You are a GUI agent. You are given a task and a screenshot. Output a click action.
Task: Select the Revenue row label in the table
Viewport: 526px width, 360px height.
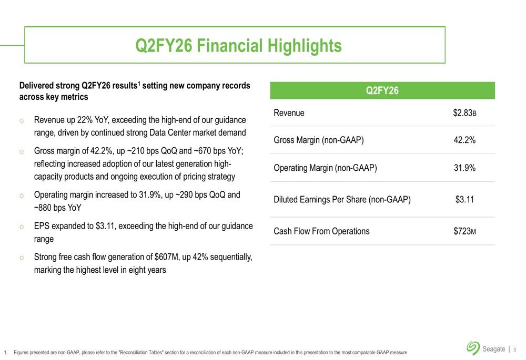[x=289, y=113]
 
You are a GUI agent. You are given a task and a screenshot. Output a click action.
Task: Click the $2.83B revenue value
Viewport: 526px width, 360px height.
[x=464, y=113]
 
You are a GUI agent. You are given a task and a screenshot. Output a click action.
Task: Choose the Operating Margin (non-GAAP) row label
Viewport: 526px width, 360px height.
[x=325, y=168]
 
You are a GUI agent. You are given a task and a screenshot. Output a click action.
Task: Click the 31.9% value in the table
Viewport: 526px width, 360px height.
[x=464, y=168]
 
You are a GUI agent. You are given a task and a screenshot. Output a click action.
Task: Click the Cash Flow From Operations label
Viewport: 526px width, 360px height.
[x=322, y=231]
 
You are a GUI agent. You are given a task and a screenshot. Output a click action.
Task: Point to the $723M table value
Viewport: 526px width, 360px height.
[x=464, y=231]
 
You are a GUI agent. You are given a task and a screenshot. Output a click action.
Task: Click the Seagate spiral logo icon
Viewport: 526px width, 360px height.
[x=472, y=347]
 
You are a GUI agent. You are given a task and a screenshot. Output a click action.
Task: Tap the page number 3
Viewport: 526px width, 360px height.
[x=515, y=348]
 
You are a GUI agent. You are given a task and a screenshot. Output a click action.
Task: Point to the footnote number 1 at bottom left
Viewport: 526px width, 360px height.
[x=5, y=351]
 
